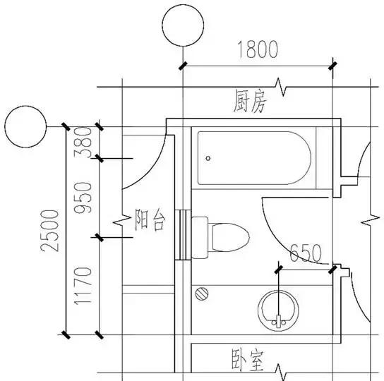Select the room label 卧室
(x=248, y=361)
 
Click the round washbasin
(x=280, y=310)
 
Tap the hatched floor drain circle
(x=203, y=292)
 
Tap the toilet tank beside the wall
(x=200, y=235)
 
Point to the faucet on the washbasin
(x=280, y=317)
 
